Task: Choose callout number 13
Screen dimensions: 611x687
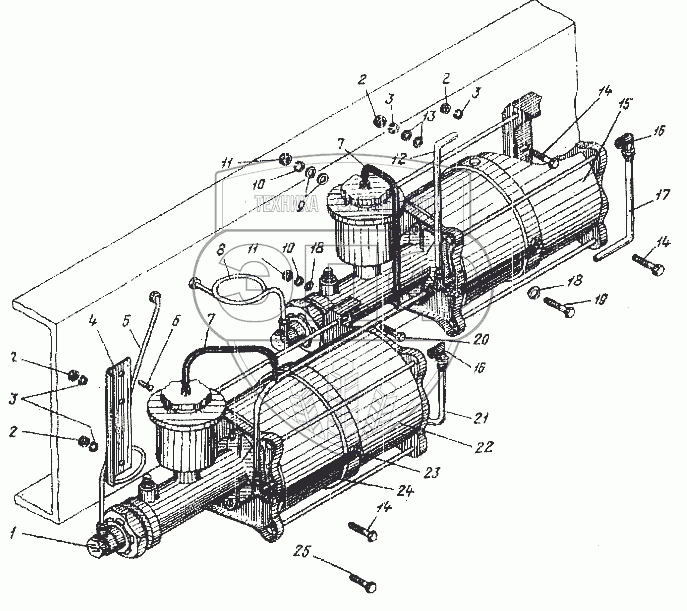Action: [x=431, y=117]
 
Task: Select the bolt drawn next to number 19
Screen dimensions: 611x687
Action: [x=561, y=305]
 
